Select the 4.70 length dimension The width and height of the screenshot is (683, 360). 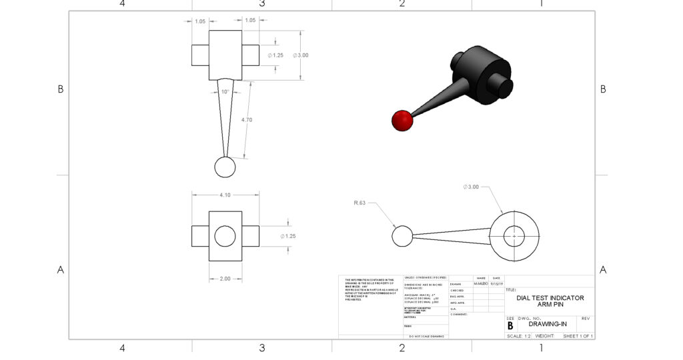tap(246, 119)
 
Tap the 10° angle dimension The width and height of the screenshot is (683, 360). tap(225, 91)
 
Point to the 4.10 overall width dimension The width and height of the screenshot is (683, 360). tap(225, 195)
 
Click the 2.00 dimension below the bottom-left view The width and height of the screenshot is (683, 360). tap(225, 279)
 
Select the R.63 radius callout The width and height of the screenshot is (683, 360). tap(360, 203)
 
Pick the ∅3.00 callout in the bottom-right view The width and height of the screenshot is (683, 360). tap(471, 187)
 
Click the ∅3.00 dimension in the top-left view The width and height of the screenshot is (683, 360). tap(300, 55)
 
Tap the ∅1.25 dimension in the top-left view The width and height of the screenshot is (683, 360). tap(275, 55)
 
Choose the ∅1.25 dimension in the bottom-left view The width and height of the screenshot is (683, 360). tap(287, 236)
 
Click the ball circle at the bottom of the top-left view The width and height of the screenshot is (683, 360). tap(225, 167)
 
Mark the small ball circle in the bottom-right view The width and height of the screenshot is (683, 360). tap(402, 236)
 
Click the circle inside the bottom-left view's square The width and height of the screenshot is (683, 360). tap(225, 236)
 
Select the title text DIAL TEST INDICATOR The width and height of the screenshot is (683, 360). tap(550, 298)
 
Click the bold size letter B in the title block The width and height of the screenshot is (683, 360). tap(510, 326)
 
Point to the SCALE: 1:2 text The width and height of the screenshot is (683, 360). tap(519, 336)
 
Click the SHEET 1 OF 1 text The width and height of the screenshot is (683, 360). tap(578, 336)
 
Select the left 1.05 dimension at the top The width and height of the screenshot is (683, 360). tap(199, 21)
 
